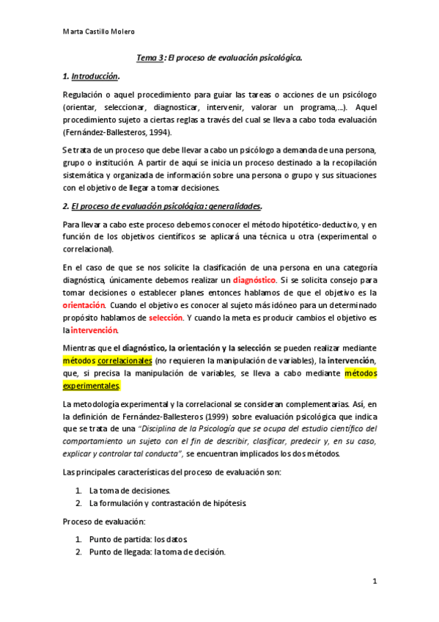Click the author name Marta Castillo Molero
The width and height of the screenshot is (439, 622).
pos(99,32)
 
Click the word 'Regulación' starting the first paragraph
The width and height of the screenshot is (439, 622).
pos(84,95)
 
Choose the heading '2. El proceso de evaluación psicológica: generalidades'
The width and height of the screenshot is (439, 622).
pos(162,205)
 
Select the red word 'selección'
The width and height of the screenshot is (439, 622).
pos(166,318)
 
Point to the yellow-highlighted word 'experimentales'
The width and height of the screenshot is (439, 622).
pos(90,384)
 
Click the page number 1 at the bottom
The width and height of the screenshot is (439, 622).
pos(375,582)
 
